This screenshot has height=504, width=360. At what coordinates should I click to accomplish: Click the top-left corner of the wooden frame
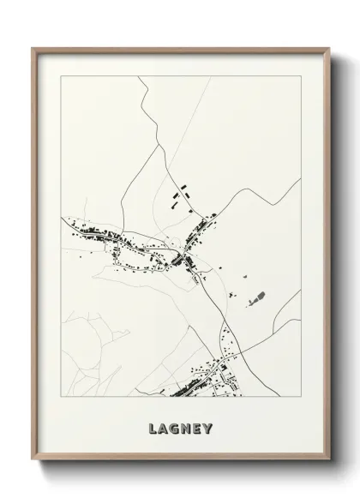pyautogui.click(x=33, y=49)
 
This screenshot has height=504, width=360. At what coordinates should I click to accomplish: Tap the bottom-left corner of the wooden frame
pyautogui.click(x=33, y=461)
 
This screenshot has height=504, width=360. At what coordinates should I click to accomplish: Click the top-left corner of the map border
pyautogui.click(x=61, y=76)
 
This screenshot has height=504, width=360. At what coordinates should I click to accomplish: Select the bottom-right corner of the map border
pyautogui.click(x=300, y=397)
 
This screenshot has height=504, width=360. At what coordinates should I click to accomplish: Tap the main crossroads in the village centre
pyautogui.click(x=185, y=256)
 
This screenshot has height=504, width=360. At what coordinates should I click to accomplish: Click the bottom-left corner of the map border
pyautogui.click(x=61, y=397)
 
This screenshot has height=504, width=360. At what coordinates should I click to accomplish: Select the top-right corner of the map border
pyautogui.click(x=300, y=76)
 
